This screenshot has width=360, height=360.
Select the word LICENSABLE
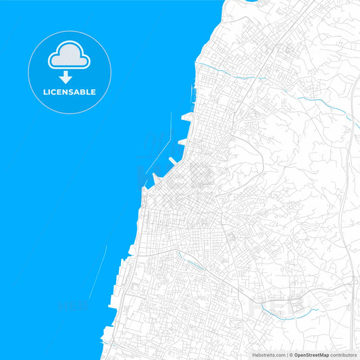tap(70, 92)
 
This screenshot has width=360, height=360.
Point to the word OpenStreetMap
tap(311, 355)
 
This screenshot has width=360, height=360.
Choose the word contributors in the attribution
tap(344, 355)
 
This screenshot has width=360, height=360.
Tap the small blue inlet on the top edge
tap(253, 2)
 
